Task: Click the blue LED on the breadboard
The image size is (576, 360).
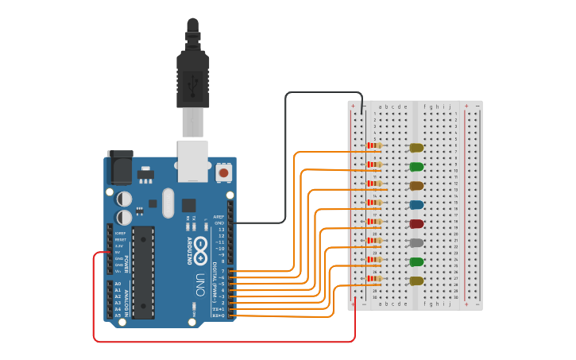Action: coord(416,205)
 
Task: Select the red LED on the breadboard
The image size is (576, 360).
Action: coord(416,224)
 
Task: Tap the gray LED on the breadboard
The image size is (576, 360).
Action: coord(416,243)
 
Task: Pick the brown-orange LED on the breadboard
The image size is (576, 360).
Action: coord(416,186)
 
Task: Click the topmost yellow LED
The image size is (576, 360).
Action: coord(416,148)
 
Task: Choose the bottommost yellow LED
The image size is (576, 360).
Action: coord(416,281)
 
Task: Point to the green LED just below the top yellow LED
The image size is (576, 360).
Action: coord(416,167)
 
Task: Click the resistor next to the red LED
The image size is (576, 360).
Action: coord(374,222)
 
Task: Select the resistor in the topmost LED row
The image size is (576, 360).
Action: coord(374,146)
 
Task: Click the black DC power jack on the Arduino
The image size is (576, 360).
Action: coord(119,168)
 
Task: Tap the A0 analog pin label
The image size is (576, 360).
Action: coord(118,284)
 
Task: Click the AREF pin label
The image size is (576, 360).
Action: coord(219,217)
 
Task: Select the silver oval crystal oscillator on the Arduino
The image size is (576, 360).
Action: coord(168,203)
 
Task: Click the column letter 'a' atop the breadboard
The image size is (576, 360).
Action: coord(380,106)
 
